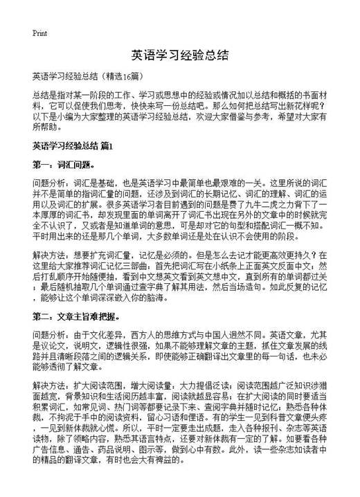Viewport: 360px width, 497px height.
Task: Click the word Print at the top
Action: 39,33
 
